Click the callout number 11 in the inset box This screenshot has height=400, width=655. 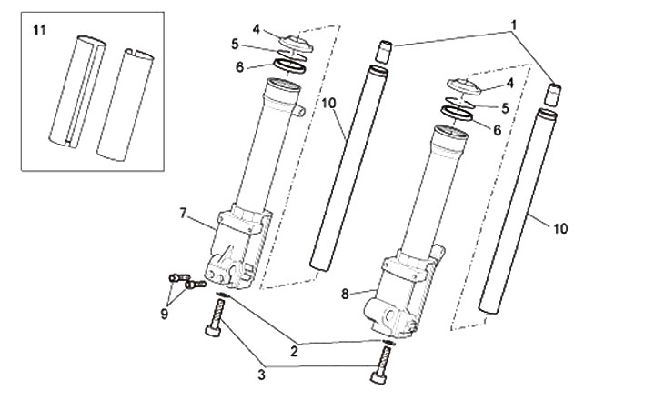pos(39,30)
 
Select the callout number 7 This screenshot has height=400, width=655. pos(183,214)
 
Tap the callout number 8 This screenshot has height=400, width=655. pos(345,295)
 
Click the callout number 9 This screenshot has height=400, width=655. pos(164,314)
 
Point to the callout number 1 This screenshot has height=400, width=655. pos(514,25)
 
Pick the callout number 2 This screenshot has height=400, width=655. pos(295,352)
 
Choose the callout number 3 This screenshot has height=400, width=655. pos(261,375)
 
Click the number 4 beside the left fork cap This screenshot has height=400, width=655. pos(256,29)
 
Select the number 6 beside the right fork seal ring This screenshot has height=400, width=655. pos(497,130)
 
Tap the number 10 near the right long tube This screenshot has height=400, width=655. pos(560,228)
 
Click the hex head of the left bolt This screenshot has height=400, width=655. pos(213,331)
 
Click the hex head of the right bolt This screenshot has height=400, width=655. pos(378,378)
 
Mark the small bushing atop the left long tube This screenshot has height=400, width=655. pos(385,52)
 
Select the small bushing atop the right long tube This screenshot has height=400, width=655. pos(553,95)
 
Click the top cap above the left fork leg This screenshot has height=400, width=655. pos(297,44)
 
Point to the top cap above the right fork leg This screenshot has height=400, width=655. pos(465,85)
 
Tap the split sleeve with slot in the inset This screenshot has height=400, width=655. pos(77,92)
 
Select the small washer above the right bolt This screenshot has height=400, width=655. pos(388,343)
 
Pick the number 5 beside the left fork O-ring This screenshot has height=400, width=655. pos(236,45)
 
